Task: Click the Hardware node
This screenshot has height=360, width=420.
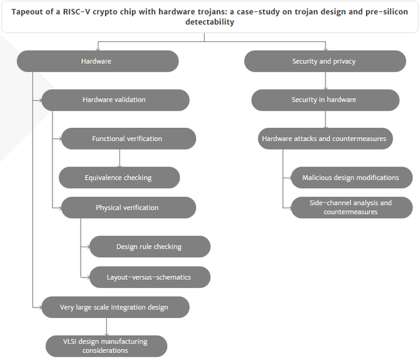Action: pyautogui.click(x=98, y=61)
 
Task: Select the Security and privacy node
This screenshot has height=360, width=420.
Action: pyautogui.click(x=325, y=61)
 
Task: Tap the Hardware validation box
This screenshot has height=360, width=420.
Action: pyautogui.click(x=115, y=100)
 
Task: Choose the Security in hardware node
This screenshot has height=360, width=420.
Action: pyautogui.click(x=325, y=100)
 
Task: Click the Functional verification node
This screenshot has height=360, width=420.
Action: pyautogui.click(x=129, y=138)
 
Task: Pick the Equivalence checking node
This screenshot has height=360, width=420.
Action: pyautogui.click(x=119, y=178)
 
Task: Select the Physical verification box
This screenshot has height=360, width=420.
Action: pyautogui.click(x=129, y=208)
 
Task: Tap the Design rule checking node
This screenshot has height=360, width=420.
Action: pyautogui.click(x=150, y=247)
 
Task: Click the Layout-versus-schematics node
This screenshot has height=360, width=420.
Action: pyautogui.click(x=150, y=277)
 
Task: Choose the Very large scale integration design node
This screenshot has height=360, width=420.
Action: pyautogui.click(x=115, y=308)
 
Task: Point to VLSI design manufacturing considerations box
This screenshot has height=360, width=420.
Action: pyautogui.click(x=106, y=346)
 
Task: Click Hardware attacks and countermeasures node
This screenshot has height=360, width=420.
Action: pyautogui.click(x=325, y=138)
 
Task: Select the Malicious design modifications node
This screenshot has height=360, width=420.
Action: pyautogui.click(x=352, y=178)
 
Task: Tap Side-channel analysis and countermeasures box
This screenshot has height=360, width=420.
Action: pyautogui.click(x=352, y=208)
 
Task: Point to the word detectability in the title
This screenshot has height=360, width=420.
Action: pyautogui.click(x=210, y=22)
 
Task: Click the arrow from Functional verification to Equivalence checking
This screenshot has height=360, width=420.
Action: pyautogui.click(x=119, y=158)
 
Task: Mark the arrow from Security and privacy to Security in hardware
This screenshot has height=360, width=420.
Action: pyautogui.click(x=325, y=81)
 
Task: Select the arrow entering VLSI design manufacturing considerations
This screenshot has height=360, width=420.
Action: pyautogui.click(x=106, y=327)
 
